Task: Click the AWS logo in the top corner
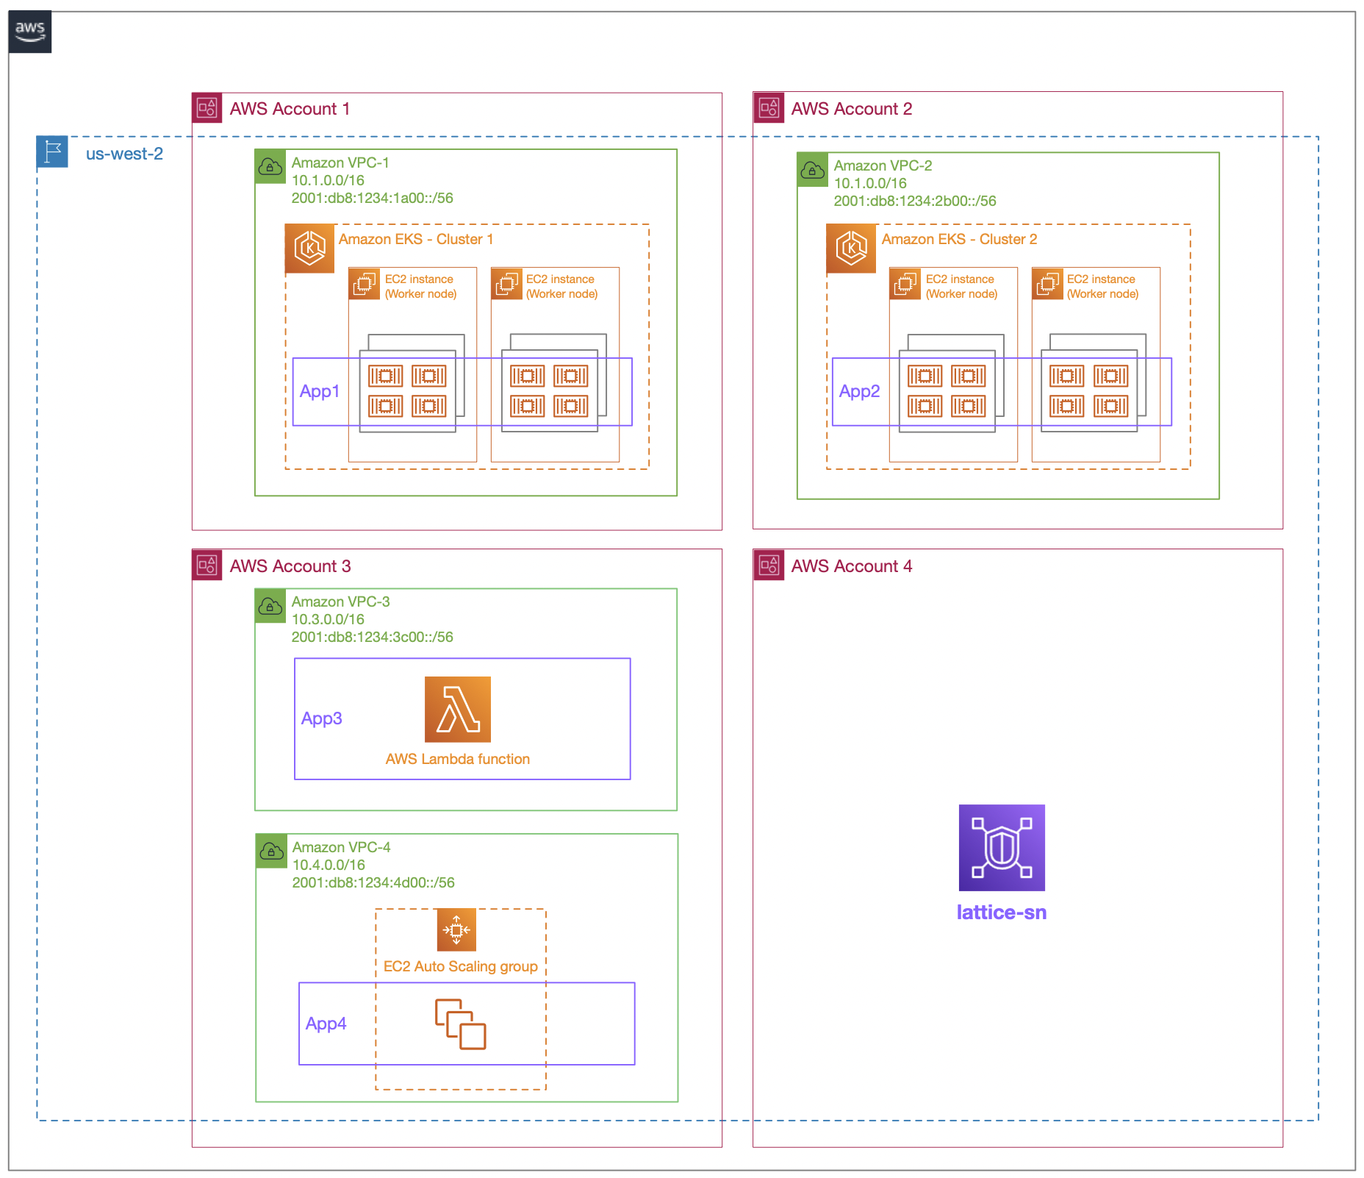click(x=30, y=32)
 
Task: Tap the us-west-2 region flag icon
click(x=52, y=152)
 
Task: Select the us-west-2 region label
click(x=124, y=154)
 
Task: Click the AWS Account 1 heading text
click(x=290, y=109)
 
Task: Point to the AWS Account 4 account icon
click(x=769, y=565)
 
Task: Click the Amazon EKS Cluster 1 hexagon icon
click(x=309, y=248)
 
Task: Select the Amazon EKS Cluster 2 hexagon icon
click(x=851, y=248)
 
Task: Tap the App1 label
click(x=320, y=391)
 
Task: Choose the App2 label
click(x=859, y=391)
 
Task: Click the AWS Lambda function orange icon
click(x=457, y=709)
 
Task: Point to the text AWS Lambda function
click(x=457, y=759)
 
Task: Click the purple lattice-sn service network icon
click(x=1001, y=847)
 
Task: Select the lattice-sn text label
click(x=1001, y=913)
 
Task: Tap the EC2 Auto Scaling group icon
click(x=456, y=929)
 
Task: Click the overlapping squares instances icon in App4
click(x=460, y=1024)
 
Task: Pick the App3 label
click(x=322, y=718)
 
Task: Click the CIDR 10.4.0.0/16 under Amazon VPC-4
click(x=329, y=865)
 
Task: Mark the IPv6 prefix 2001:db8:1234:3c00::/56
click(x=372, y=637)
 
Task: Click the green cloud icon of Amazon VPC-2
click(x=812, y=171)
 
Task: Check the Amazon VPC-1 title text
click(x=340, y=163)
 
